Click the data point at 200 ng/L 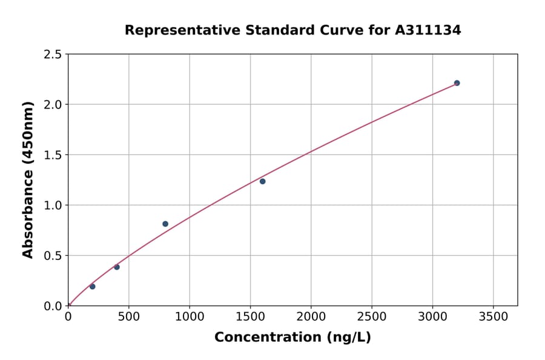click(92, 287)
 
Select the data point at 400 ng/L click(117, 267)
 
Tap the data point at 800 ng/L click(165, 224)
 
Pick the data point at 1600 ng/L click(262, 181)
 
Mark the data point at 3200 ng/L click(457, 83)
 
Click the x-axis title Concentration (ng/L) click(292, 338)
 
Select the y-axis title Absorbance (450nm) click(28, 179)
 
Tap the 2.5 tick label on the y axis click(53, 55)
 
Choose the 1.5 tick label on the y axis click(53, 155)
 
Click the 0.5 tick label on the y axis click(53, 256)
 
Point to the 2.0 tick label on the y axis click(53, 105)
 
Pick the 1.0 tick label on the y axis click(53, 205)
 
